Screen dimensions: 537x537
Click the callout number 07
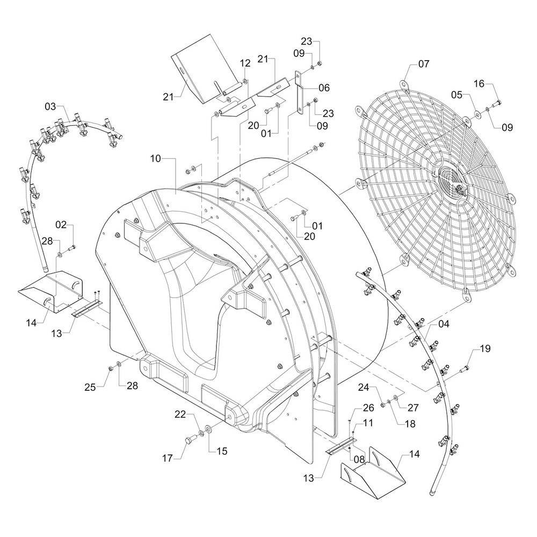pos(424,64)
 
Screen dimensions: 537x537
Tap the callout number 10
pos(155,159)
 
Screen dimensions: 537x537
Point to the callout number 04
pos(444,324)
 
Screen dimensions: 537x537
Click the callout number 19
pos(485,349)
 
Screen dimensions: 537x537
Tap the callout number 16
pos(479,83)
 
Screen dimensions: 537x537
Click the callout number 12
pos(245,63)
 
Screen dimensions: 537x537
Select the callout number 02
pos(61,224)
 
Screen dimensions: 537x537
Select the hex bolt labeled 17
pos(188,441)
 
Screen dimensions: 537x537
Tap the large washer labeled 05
pos(476,114)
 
